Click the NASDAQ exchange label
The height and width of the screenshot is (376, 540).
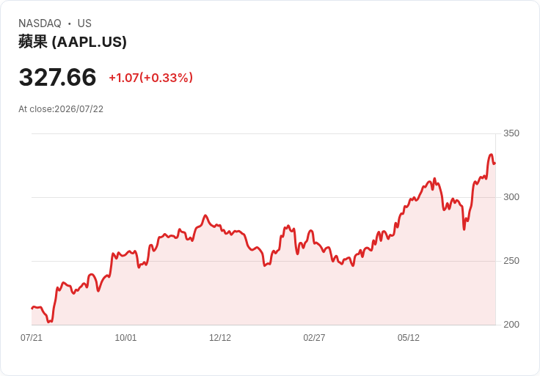pos(40,23)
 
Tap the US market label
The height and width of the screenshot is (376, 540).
pos(84,23)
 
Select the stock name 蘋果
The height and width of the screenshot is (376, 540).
pos(33,42)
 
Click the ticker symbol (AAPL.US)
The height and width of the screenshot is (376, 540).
pos(90,42)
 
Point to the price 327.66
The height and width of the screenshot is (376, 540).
pos(57,77)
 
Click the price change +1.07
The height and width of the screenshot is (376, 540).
pos(124,78)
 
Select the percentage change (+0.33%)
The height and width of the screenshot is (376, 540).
pos(166,78)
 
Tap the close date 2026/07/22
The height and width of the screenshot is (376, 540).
pos(79,109)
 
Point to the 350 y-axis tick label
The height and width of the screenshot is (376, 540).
pos(511,133)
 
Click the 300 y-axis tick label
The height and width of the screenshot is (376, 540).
pos(511,197)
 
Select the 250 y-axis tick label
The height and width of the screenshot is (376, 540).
pos(511,261)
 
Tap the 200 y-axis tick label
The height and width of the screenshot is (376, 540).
pos(511,325)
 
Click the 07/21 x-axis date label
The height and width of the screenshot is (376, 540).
pos(32,338)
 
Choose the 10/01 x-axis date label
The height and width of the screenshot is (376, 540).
pos(125,338)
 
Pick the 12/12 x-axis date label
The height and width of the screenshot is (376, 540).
pos(220,338)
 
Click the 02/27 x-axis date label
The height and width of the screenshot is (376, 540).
pos(314,338)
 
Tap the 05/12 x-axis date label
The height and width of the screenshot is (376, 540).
pos(409,338)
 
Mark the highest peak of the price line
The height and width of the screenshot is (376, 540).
pos(491,155)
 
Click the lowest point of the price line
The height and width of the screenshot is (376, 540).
pos(49,322)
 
